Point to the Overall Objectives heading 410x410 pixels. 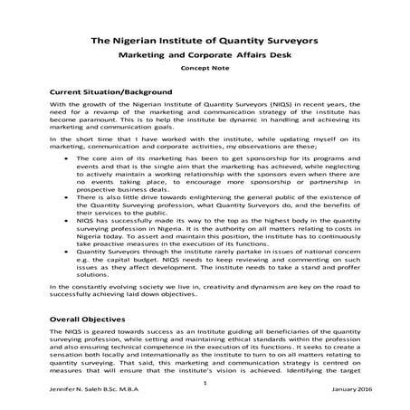point(92,321)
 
